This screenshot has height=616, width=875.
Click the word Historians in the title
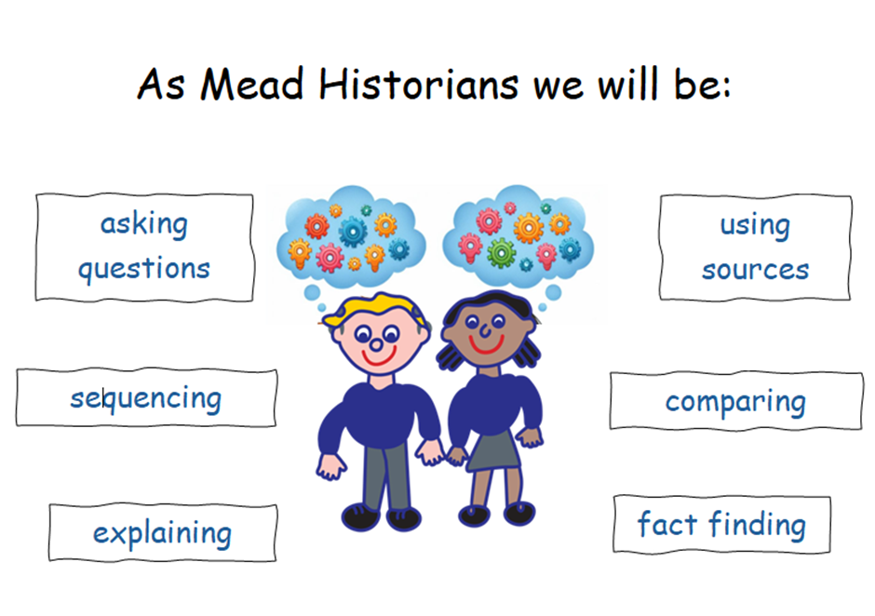(x=419, y=85)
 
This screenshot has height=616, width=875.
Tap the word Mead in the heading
(x=252, y=85)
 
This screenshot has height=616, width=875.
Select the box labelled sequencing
(x=146, y=397)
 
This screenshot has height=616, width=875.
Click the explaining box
(x=162, y=532)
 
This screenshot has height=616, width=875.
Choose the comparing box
(x=736, y=401)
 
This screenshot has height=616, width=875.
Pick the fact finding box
(x=722, y=524)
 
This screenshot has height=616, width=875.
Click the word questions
(x=144, y=270)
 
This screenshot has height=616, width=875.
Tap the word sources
(x=755, y=270)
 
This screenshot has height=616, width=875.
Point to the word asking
(x=144, y=225)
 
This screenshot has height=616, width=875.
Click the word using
(x=755, y=226)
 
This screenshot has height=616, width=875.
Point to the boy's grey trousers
(x=386, y=475)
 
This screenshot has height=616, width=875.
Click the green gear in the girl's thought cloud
(x=501, y=253)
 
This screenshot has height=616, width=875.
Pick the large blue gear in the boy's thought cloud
(x=353, y=231)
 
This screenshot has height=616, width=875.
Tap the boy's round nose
(x=377, y=345)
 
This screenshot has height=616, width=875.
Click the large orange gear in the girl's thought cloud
(x=528, y=228)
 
